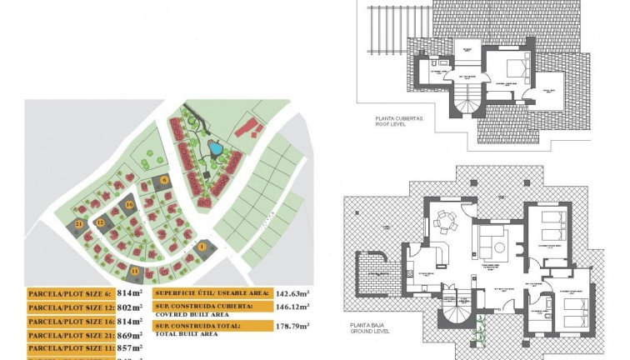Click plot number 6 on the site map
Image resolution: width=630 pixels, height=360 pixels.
165,179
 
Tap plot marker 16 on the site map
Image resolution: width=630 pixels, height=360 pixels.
129,204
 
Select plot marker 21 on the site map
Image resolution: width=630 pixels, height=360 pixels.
78,224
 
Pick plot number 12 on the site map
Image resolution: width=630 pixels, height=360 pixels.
100,222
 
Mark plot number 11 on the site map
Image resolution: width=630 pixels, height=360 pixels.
134,270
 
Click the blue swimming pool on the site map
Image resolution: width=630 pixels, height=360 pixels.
215,150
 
